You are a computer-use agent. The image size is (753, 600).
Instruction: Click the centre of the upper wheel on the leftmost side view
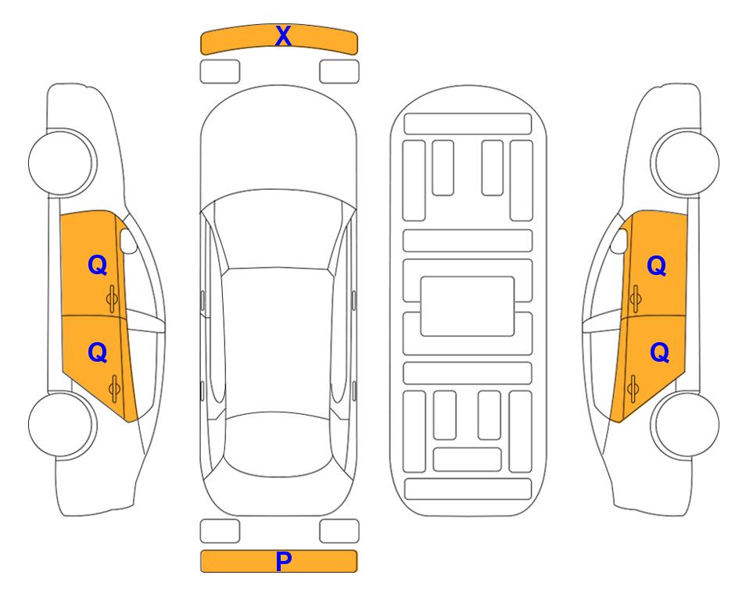tap(61, 162)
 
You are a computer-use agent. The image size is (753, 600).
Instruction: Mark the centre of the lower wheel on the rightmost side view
tap(687, 424)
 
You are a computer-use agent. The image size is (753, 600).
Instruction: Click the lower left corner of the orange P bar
tap(201, 572)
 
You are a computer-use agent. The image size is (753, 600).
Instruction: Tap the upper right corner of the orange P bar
tap(357, 551)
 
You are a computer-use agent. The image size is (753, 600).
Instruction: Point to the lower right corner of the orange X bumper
tap(357, 54)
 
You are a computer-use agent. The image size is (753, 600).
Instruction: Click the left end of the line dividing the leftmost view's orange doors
tap(61, 315)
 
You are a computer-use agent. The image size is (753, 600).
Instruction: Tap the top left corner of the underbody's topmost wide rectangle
tap(404, 114)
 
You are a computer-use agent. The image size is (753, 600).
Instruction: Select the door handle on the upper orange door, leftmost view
tap(112, 298)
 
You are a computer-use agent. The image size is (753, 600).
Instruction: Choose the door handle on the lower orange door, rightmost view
tap(633, 388)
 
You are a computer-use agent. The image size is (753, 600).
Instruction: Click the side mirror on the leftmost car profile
tap(127, 241)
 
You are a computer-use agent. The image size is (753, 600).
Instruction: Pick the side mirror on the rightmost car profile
tap(619, 241)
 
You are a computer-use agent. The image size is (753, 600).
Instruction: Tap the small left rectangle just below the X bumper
tap(220, 72)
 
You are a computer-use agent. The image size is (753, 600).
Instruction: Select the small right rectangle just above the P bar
tap(339, 531)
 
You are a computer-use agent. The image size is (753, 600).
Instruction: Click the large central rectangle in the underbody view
tap(468, 306)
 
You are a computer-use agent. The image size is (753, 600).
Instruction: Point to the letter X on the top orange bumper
tap(283, 36)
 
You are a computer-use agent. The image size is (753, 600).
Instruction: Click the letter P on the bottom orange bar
tap(283, 561)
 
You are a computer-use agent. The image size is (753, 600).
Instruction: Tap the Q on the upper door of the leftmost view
tap(98, 265)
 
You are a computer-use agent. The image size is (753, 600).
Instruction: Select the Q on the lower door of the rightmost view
tap(659, 352)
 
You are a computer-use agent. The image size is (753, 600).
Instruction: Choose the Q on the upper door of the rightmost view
tap(657, 266)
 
